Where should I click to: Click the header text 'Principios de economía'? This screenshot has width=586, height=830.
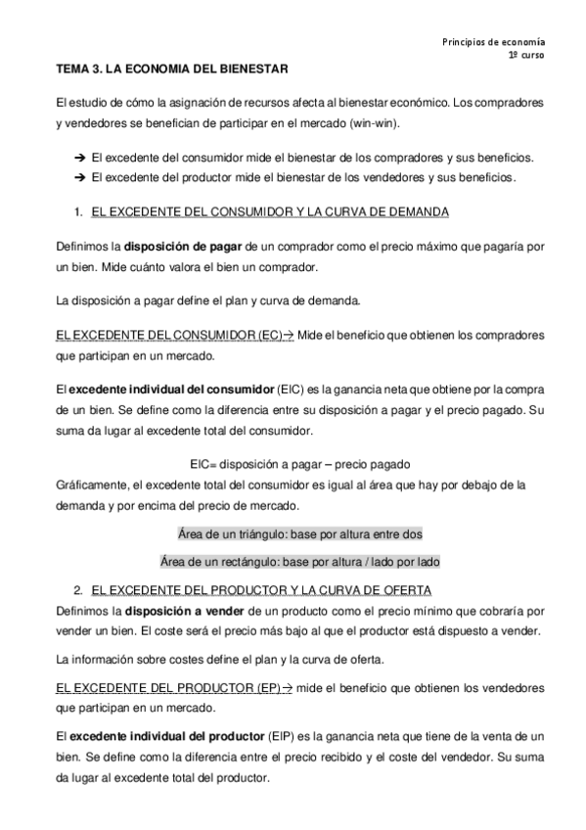pos(493,42)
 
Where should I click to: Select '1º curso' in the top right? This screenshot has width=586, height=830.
pos(526,56)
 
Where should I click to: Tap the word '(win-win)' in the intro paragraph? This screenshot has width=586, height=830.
pos(375,124)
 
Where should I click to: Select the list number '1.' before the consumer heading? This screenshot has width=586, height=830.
pos(78,211)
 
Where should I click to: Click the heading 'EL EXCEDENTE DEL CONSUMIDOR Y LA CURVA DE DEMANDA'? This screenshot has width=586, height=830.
pos(269,211)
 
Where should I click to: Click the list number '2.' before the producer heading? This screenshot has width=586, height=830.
pos(78,590)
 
